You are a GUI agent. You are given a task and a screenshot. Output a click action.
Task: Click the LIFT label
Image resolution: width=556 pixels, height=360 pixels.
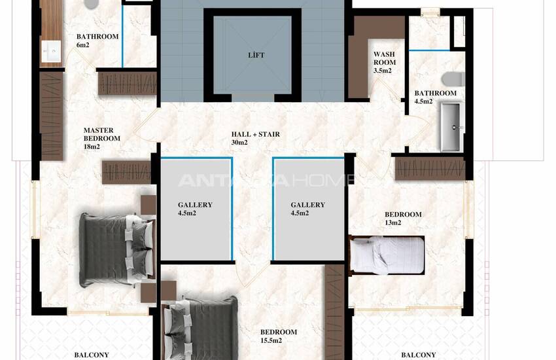click(256, 55)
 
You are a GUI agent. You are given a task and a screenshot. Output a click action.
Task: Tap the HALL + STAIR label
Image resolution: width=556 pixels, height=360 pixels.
click(256, 134)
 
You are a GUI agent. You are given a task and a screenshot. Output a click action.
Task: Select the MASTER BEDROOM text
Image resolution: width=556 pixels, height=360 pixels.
click(102, 134)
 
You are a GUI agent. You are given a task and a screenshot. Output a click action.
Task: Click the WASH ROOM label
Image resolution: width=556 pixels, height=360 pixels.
click(385, 58)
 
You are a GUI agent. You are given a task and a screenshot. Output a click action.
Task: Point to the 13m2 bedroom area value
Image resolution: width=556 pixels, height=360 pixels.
click(393, 223)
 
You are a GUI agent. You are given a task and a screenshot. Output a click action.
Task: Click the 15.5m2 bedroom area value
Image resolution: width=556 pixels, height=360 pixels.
click(271, 340)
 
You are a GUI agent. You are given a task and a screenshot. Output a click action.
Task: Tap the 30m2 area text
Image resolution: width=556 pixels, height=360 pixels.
click(239, 143)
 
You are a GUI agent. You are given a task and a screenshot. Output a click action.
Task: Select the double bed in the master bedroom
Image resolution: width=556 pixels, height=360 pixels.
click(117, 249)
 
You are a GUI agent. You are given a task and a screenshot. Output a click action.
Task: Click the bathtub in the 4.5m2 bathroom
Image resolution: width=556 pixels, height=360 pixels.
click(452, 126)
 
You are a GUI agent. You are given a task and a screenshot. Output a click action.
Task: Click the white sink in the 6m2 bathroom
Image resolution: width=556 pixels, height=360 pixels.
click(51, 52)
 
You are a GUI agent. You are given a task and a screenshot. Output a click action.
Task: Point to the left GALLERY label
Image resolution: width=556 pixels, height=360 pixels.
click(195, 205)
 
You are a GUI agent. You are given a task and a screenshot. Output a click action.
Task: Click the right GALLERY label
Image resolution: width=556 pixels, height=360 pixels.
click(308, 205)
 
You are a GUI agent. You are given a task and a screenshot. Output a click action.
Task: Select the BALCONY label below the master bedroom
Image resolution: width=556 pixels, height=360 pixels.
click(92, 355)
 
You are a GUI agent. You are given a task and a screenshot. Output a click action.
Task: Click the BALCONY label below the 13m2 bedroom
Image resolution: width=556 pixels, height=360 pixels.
click(419, 355)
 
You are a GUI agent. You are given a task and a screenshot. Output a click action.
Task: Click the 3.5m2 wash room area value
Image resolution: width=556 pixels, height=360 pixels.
click(382, 71)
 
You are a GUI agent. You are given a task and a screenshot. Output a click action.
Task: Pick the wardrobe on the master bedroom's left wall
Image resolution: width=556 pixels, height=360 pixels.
click(52, 116)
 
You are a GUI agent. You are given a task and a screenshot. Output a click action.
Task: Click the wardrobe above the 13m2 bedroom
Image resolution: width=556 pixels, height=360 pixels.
click(430, 168)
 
